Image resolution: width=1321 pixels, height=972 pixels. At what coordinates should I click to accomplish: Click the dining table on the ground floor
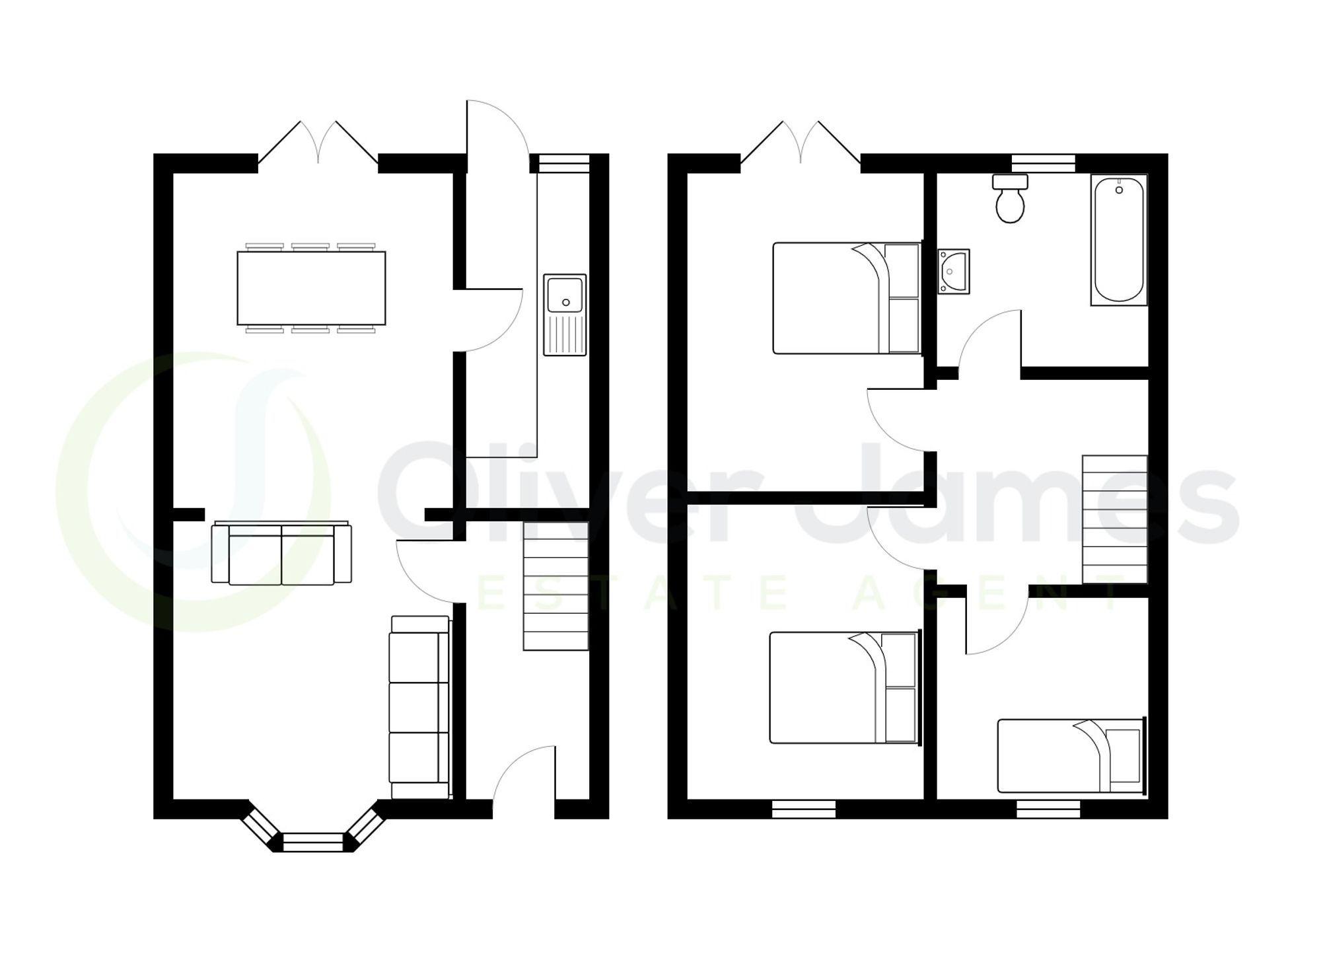point(311,288)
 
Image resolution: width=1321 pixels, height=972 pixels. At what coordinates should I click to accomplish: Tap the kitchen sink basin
point(565,295)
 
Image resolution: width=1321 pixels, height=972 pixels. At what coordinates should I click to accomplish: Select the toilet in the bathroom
point(1010,201)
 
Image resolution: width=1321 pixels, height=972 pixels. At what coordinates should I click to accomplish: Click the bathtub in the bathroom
point(1119,239)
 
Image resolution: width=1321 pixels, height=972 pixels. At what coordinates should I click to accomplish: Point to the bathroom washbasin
point(954,271)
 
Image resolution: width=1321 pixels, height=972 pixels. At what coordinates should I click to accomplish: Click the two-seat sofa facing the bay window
point(281,554)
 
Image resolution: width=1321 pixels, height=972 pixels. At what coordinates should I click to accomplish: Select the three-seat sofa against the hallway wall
point(419,707)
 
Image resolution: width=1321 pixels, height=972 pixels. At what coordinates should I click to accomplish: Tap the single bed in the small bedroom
point(1069,755)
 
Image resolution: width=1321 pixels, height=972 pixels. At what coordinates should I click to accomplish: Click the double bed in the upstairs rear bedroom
point(846,298)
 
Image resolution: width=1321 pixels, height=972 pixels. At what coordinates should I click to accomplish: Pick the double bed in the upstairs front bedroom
point(843,687)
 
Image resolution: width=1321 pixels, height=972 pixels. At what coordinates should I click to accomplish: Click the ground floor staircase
point(555,586)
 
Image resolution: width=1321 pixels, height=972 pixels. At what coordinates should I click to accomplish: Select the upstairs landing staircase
point(1114,519)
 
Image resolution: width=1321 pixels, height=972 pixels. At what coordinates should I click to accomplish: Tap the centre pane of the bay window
point(313,842)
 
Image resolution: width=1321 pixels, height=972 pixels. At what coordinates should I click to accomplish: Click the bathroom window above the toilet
point(1043,163)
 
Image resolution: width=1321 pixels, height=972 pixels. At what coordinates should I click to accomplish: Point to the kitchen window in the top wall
point(563,163)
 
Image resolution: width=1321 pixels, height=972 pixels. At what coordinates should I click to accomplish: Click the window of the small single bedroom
point(1048,809)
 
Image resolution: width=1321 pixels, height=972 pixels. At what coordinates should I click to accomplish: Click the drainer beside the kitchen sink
point(565,334)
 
